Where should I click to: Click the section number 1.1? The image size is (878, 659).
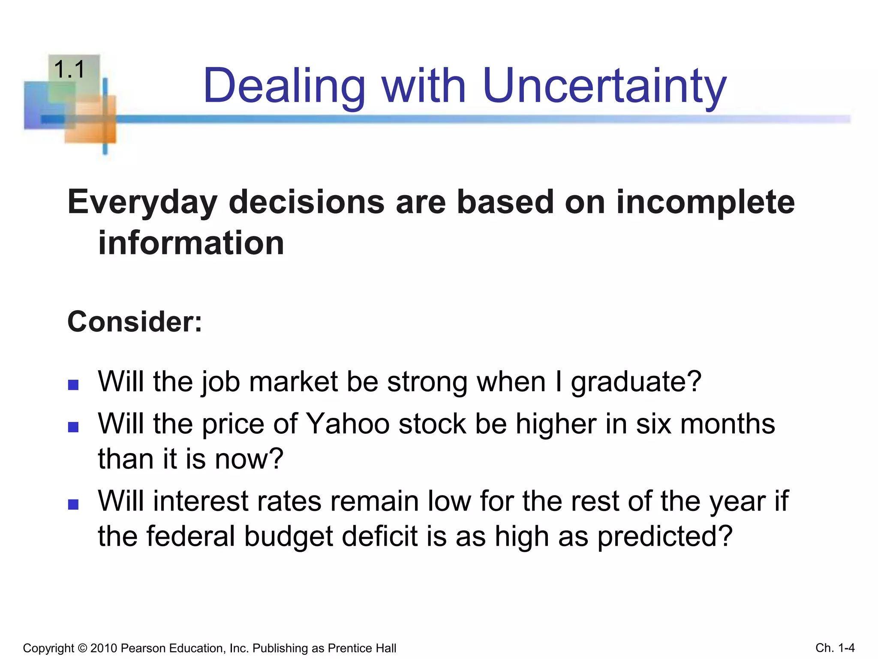[69, 70]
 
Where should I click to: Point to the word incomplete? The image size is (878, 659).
[705, 203]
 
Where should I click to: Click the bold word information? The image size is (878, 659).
[191, 243]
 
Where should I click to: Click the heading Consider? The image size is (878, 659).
[135, 322]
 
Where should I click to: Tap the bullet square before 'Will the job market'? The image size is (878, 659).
[73, 384]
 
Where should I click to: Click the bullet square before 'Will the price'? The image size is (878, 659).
[73, 427]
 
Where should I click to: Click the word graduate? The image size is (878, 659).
[636, 382]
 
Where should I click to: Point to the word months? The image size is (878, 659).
[728, 424]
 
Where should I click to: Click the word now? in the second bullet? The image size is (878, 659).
[249, 459]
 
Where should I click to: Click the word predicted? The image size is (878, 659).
[665, 536]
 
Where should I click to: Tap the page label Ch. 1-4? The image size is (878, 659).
[835, 648]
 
